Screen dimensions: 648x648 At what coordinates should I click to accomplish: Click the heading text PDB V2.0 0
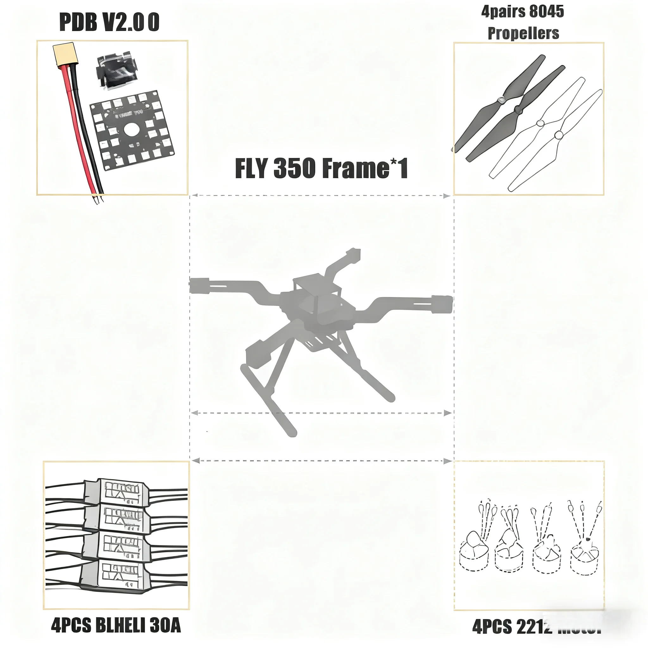point(109,22)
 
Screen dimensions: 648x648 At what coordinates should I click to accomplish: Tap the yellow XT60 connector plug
point(63,54)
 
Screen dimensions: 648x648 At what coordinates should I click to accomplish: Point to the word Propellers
point(523,33)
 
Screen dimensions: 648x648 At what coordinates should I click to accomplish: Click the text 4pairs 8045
point(523,11)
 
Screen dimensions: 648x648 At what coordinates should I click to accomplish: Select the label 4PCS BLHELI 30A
point(116,625)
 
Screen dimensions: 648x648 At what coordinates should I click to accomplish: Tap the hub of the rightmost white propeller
point(559,135)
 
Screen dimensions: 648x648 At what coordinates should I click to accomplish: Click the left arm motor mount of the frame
point(199,285)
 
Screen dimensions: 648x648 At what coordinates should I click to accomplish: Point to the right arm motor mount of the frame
point(442,304)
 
